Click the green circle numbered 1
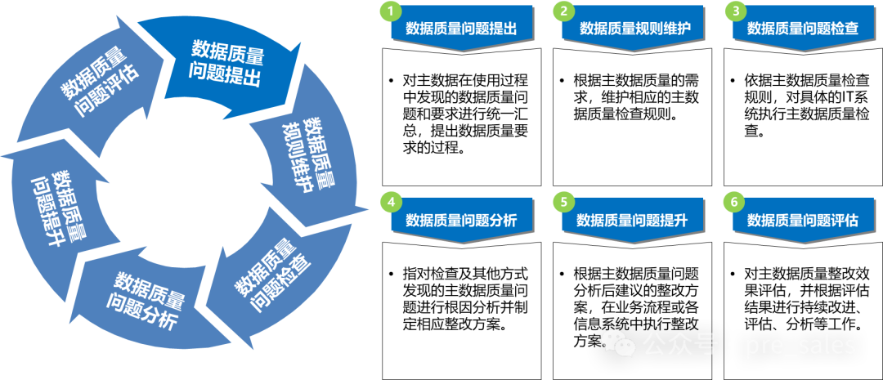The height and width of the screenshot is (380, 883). click(391, 11)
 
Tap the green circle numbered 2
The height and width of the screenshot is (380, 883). click(563, 11)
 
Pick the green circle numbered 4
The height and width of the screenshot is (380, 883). click(391, 202)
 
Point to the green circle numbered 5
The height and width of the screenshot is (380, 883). click(563, 202)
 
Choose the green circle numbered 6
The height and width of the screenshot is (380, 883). click(734, 202)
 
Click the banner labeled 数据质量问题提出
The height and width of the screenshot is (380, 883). click(463, 29)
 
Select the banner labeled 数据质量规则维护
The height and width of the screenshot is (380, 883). click(634, 29)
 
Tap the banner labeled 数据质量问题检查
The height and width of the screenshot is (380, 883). click(803, 29)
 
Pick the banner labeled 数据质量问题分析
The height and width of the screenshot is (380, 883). click(463, 220)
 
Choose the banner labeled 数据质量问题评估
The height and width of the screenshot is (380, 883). click(803, 220)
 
